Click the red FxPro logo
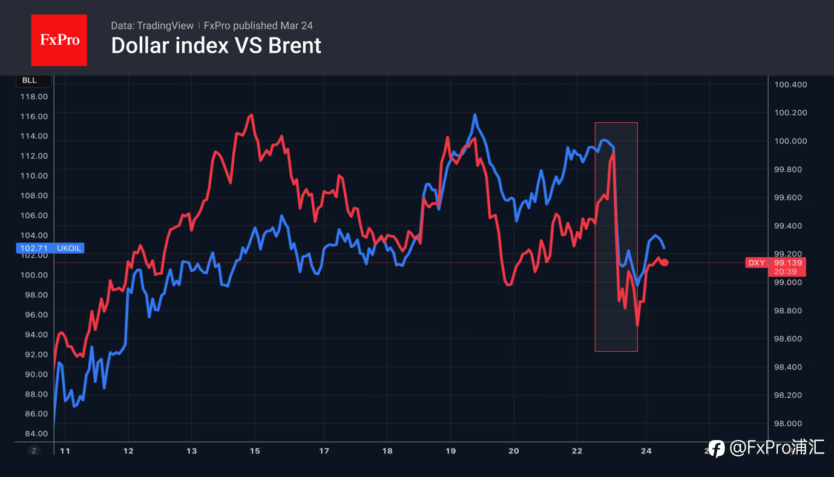tap(59, 40)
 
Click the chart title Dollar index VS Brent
tap(216, 46)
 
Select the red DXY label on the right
tap(757, 263)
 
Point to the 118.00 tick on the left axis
tap(34, 96)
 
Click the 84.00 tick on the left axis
tap(34, 433)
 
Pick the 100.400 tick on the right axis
tap(790, 85)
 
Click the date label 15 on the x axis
tap(255, 451)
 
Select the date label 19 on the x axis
tap(450, 451)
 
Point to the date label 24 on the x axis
tap(646, 451)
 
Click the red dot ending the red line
tap(665, 262)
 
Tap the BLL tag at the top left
tap(29, 81)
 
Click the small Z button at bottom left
tap(34, 450)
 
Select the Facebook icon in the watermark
tap(717, 449)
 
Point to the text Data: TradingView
tap(152, 26)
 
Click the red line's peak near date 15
tap(251, 114)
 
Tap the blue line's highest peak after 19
tap(475, 114)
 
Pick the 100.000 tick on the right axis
tap(790, 141)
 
